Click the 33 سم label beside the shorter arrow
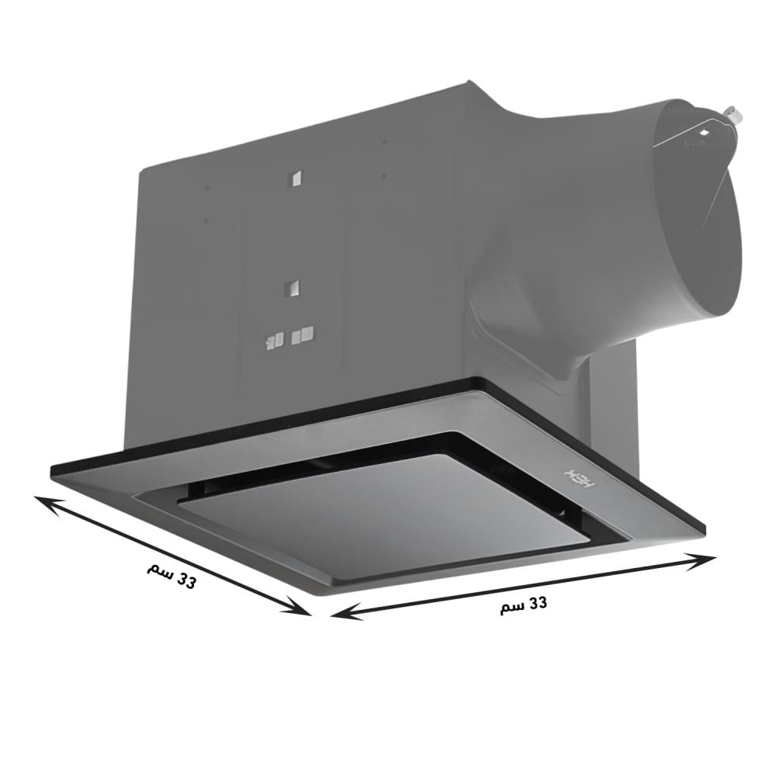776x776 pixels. pos(171,576)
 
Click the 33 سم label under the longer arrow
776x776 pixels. pos(523,605)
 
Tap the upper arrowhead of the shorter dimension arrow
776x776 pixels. pos(47,505)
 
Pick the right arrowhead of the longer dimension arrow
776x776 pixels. pos(700,562)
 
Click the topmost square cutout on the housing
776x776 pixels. pos(295,178)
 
